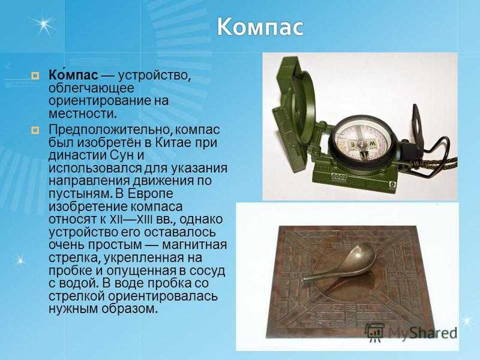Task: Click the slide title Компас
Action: [260, 27]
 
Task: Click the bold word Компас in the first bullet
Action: [73, 74]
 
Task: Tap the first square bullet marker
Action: [35, 76]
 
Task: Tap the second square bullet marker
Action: [35, 130]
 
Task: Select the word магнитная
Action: [194, 245]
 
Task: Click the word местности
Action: [83, 114]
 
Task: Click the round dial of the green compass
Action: [363, 143]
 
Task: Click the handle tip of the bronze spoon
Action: [305, 281]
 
